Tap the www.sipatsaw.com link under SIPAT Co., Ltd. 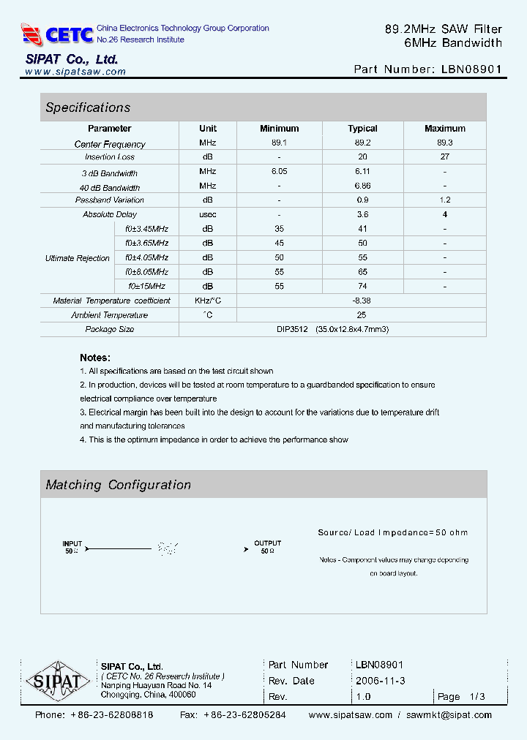tap(75, 72)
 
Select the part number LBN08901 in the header tap(472, 69)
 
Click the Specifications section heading tap(88, 107)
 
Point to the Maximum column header tap(444, 129)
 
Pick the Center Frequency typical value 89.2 tap(362, 143)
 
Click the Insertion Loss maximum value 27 tap(444, 156)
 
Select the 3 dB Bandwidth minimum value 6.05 tap(279, 171)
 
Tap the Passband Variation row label tap(110, 200)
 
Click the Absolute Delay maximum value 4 tap(444, 214)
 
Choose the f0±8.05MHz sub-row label tap(146, 271)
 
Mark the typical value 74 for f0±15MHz tap(362, 286)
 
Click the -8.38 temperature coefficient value tap(362, 301)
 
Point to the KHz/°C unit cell tap(208, 301)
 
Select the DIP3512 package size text tap(291, 329)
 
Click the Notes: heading tap(95, 358)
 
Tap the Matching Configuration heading tap(118, 485)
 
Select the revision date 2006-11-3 tap(380, 681)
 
